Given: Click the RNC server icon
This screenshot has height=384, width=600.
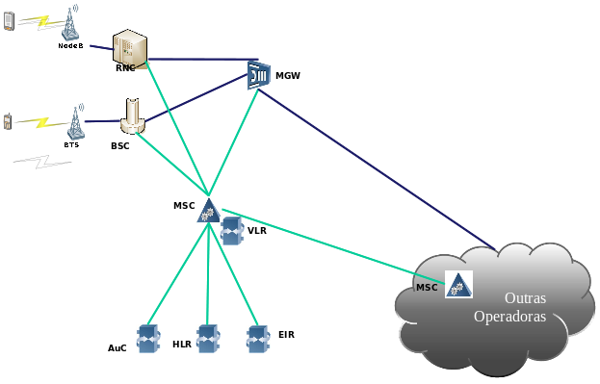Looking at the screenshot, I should [x=130, y=49].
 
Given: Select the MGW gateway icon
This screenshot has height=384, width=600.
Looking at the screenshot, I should [x=257, y=74].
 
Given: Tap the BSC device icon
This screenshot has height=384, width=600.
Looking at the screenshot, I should [x=133, y=116].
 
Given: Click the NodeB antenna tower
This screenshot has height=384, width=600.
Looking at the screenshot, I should [x=70, y=26].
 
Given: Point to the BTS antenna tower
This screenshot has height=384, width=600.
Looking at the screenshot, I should [x=73, y=122].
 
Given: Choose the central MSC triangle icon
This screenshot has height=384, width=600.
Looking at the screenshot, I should [x=208, y=211].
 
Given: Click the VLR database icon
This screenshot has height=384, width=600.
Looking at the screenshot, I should [x=231, y=231].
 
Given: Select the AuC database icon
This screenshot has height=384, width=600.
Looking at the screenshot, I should [x=147, y=338].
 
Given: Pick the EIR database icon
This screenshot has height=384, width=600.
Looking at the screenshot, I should [x=257, y=337].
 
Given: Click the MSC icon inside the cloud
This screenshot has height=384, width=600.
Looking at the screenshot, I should [x=458, y=284].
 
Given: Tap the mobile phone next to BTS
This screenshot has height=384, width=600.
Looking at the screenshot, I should [x=8, y=120].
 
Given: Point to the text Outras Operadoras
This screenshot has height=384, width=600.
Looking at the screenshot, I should [x=516, y=307].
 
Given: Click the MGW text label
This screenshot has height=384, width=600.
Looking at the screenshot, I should [x=288, y=75].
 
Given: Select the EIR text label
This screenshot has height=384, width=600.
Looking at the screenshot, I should [x=285, y=334].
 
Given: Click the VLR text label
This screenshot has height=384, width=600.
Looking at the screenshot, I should [x=257, y=231].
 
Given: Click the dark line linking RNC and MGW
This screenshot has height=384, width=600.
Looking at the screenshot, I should [x=202, y=60].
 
